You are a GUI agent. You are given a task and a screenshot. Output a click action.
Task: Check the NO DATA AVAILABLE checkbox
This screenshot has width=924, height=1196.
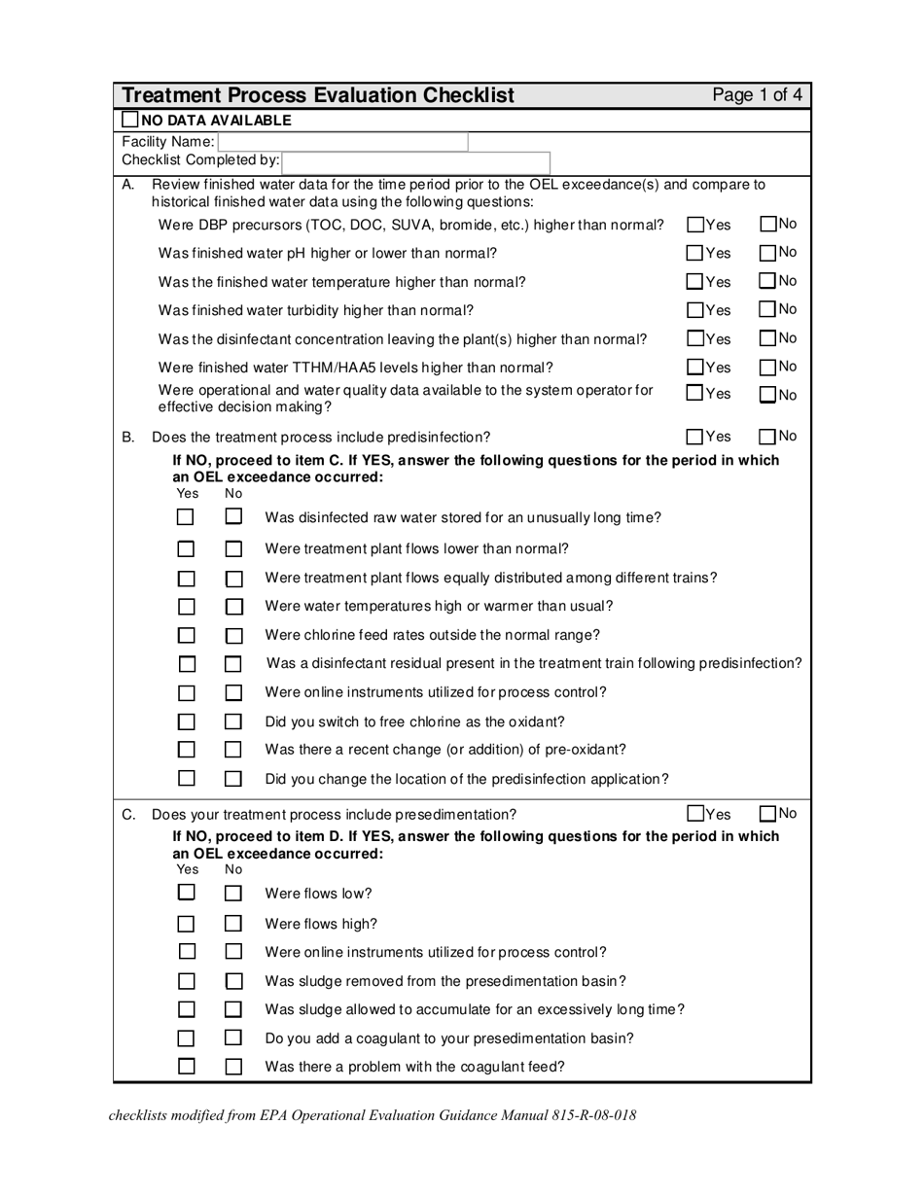pyautogui.click(x=130, y=120)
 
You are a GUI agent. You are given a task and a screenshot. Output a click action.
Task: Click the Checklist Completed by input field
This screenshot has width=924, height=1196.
pyautogui.click(x=416, y=160)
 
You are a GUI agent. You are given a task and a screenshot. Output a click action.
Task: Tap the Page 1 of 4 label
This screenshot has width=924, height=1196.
pyautogui.click(x=757, y=95)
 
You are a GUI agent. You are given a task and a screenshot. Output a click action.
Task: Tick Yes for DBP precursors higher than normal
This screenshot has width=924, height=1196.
pyautogui.click(x=695, y=225)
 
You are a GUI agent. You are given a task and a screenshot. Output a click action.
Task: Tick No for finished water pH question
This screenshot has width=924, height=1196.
pyautogui.click(x=768, y=253)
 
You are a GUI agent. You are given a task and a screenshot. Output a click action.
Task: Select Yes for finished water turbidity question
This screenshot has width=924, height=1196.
pyautogui.click(x=695, y=310)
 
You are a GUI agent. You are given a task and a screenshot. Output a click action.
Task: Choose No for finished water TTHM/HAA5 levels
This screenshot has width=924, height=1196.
pyautogui.click(x=768, y=368)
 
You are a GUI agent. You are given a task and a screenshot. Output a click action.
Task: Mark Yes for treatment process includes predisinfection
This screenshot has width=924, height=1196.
pyautogui.click(x=695, y=437)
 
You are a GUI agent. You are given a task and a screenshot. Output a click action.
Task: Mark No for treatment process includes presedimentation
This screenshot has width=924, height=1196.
pyautogui.click(x=768, y=814)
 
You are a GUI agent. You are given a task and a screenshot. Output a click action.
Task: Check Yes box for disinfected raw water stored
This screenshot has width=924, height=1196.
pyautogui.click(x=186, y=517)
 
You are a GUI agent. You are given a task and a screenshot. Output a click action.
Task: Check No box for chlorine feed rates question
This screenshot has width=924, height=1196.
pyautogui.click(x=233, y=636)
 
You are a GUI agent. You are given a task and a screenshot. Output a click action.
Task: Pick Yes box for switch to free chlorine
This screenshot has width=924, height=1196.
pyautogui.click(x=186, y=721)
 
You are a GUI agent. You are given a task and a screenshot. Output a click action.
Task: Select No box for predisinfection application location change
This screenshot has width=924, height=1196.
pyautogui.click(x=233, y=779)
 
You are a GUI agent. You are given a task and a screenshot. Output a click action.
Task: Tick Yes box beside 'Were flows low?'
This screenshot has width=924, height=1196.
pyautogui.click(x=186, y=893)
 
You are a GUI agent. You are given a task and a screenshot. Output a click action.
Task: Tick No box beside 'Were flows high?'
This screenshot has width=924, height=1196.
pyautogui.click(x=233, y=924)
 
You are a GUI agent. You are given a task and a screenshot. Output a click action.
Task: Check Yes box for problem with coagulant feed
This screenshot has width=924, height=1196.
pyautogui.click(x=186, y=1066)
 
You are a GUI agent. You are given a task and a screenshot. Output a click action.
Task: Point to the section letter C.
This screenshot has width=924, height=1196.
pyautogui.click(x=128, y=815)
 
